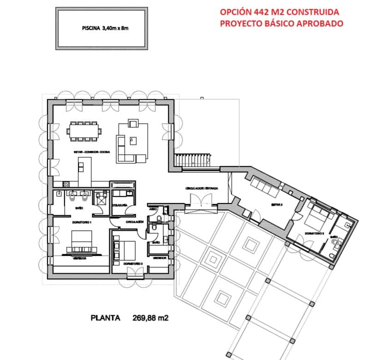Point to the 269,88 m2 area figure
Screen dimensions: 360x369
[151, 318]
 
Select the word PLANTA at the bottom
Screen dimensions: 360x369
[106, 318]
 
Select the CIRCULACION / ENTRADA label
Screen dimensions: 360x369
[202, 189]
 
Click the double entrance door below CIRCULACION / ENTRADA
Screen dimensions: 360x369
[201, 200]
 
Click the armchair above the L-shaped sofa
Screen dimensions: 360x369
[133, 123]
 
